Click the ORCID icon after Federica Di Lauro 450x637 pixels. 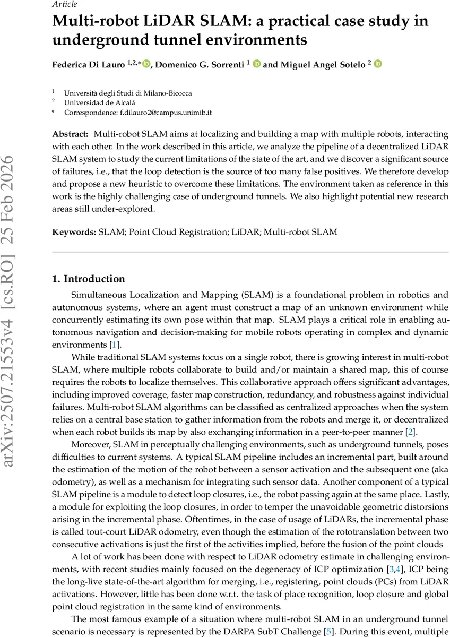(x=146, y=64)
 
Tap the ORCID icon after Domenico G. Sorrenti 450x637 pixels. (x=257, y=64)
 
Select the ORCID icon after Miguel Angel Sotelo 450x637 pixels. (x=378, y=64)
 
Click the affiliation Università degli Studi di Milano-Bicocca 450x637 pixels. (x=128, y=93)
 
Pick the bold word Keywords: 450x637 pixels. (x=74, y=231)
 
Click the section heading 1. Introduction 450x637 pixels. (x=89, y=279)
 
